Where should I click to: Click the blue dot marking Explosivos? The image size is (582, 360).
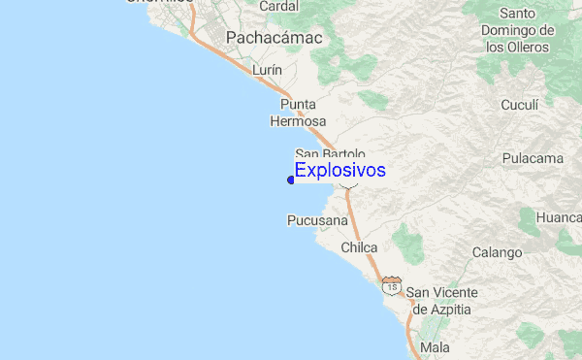tap(291, 179)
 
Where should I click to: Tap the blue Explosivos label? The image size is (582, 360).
tap(339, 171)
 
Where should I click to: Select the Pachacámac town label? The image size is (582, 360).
tap(274, 37)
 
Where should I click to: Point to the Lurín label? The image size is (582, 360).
tap(267, 71)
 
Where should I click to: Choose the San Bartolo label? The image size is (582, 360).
tap(330, 153)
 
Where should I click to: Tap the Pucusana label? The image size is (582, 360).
tap(316, 220)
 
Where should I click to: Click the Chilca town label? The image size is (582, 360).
tap(359, 248)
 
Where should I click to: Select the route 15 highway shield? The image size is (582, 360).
tap(391, 286)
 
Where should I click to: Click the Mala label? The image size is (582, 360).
tap(436, 346)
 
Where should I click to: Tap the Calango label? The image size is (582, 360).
tap(497, 252)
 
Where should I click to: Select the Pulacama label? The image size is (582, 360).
tap(533, 158)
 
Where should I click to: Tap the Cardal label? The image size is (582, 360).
tap(279, 6)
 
